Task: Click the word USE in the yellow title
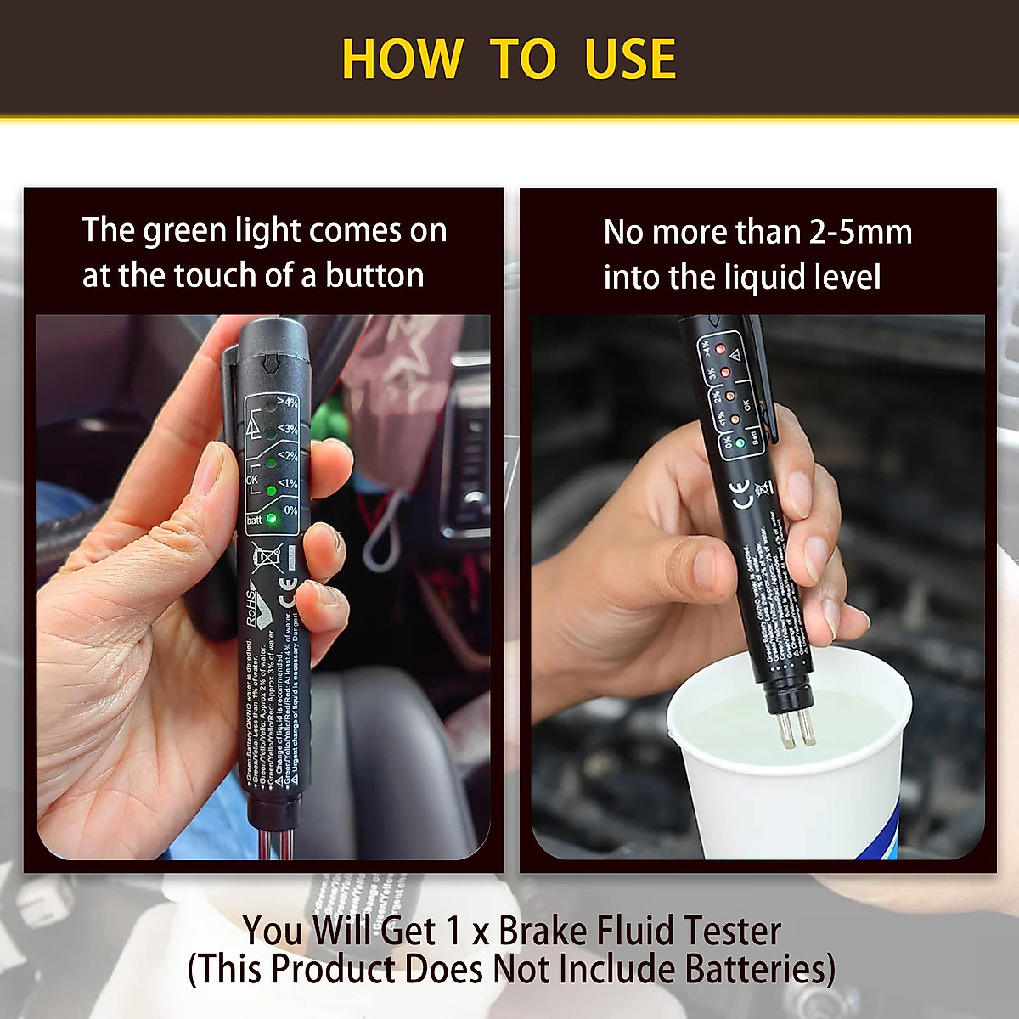630,59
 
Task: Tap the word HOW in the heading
402,59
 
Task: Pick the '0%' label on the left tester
290,510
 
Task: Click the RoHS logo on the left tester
258,605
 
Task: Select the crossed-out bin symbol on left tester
267,557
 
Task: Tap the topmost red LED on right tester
718,349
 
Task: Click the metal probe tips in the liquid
796,729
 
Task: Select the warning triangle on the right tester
736,354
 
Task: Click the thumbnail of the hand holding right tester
757,586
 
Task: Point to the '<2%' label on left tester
288,456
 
